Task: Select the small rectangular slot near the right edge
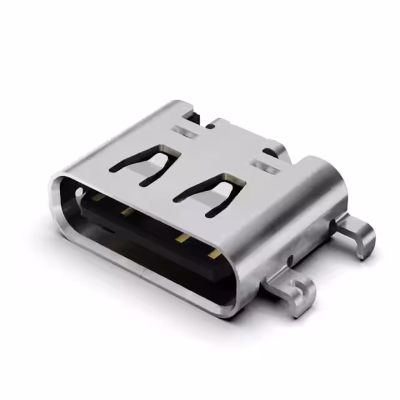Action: [x=266, y=167]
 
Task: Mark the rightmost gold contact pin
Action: [x=214, y=253]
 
